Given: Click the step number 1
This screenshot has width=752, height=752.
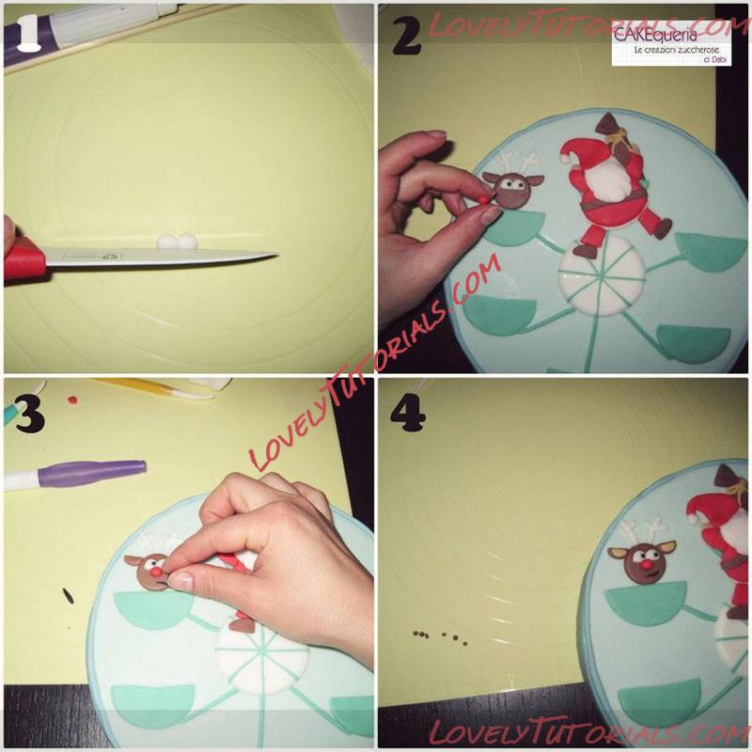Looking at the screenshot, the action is [x=28, y=33].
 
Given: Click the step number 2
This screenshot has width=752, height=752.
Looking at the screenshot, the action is [x=407, y=38].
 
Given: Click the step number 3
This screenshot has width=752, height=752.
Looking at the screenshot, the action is [x=30, y=415].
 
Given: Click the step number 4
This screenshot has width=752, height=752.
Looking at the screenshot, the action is [x=408, y=413].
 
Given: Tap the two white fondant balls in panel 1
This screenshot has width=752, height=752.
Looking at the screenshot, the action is [x=177, y=241].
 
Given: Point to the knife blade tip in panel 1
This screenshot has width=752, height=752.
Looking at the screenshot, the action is [x=276, y=254].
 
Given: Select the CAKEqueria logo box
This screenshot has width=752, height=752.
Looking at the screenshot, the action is [x=671, y=43].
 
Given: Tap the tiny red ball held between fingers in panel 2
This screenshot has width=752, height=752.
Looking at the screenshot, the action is [x=484, y=197].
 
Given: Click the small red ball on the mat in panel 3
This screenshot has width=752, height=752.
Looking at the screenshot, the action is [x=72, y=399].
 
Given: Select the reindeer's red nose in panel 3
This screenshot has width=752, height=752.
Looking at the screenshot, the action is [x=156, y=572].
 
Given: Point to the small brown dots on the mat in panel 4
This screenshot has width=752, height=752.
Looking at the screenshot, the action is [x=439, y=637].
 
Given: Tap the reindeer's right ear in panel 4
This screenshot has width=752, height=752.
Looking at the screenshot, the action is [x=666, y=547].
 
